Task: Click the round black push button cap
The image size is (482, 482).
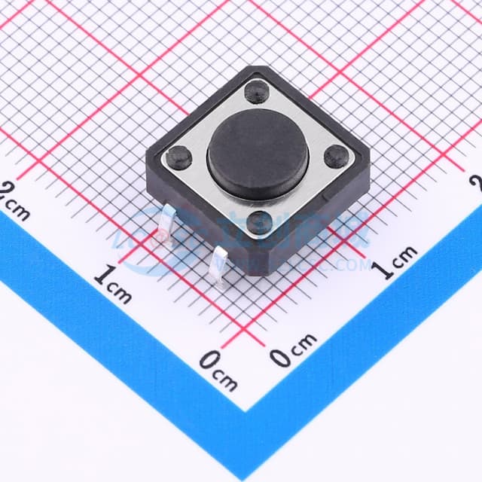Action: click(x=258, y=154)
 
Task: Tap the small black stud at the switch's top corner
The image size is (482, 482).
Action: click(x=257, y=92)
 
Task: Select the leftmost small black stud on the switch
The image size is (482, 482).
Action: click(x=180, y=157)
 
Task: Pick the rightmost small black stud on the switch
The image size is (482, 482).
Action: click(x=336, y=157)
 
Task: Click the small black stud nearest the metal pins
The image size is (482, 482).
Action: click(x=260, y=222)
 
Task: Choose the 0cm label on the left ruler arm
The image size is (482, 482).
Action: click(x=218, y=370)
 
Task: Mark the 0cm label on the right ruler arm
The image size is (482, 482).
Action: click(x=294, y=350)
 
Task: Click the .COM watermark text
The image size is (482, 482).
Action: click(x=346, y=265)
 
